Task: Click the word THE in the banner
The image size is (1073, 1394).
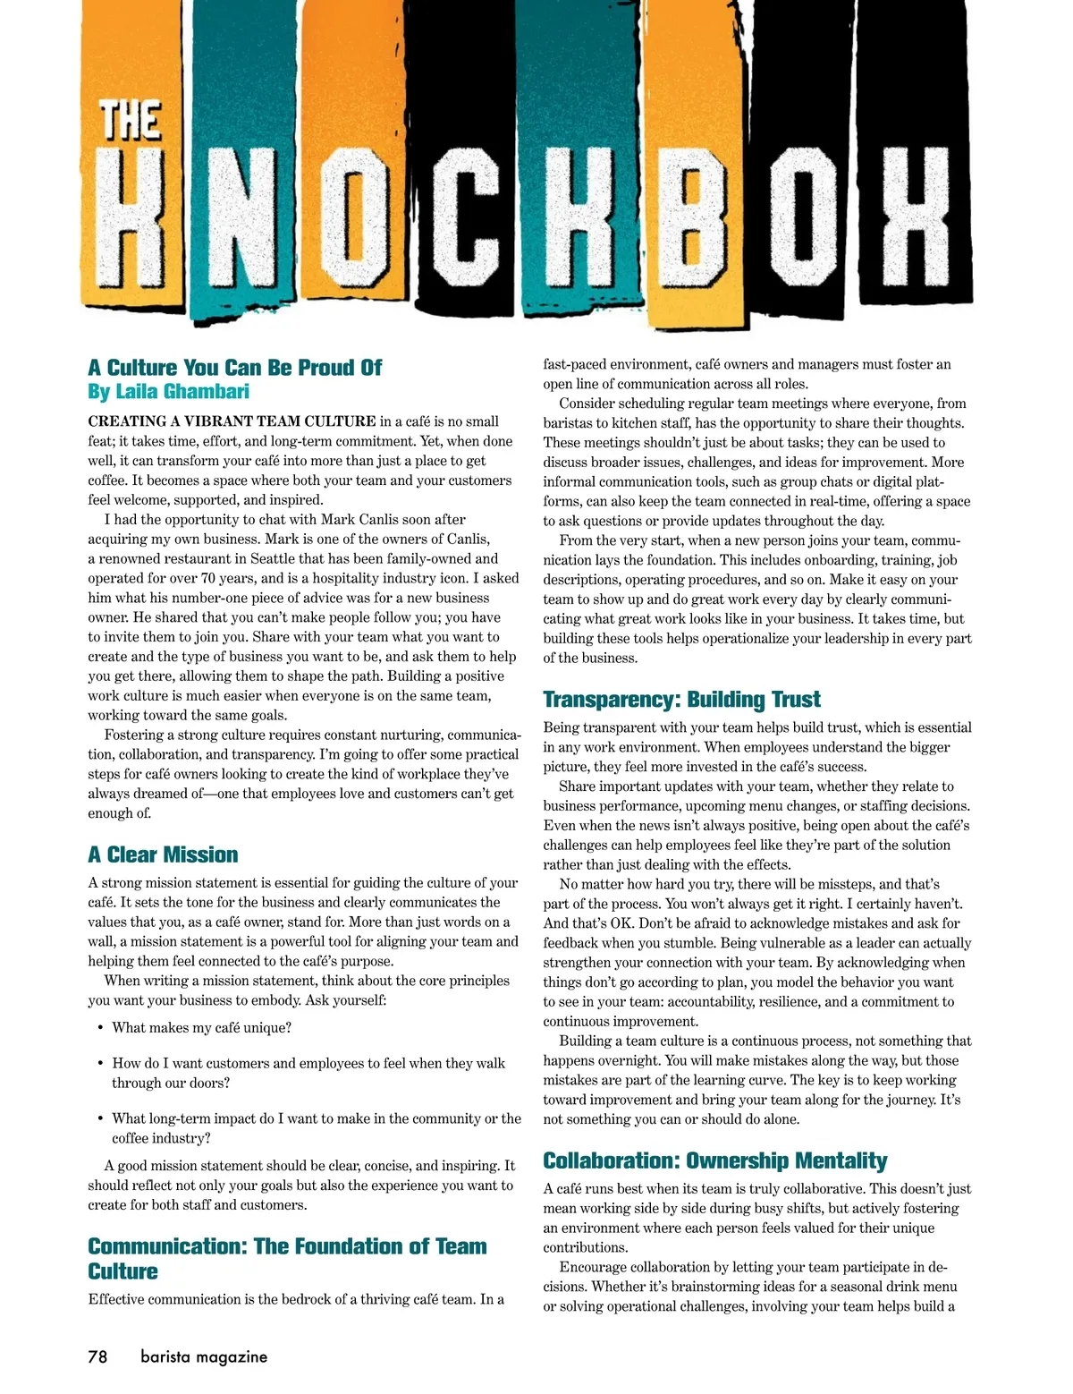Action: pyautogui.click(x=130, y=121)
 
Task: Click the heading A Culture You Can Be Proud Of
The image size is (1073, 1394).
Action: pyautogui.click(x=234, y=368)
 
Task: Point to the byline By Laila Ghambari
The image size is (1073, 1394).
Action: pyautogui.click(x=168, y=392)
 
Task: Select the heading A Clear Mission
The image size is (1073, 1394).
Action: pyautogui.click(x=163, y=854)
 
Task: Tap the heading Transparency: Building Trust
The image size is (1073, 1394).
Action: pyautogui.click(x=681, y=700)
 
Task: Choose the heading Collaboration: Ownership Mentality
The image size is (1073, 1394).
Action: pyautogui.click(x=714, y=1160)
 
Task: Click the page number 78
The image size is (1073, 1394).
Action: pyautogui.click(x=97, y=1356)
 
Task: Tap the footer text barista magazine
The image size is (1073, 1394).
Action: pyautogui.click(x=204, y=1356)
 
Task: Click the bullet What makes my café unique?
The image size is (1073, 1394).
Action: pyautogui.click(x=201, y=1028)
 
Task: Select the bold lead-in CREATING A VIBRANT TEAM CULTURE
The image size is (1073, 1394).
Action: pyautogui.click(x=232, y=421)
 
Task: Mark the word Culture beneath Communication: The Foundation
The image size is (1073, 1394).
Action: pyautogui.click(x=123, y=1271)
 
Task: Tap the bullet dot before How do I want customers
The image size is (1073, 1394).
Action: pyautogui.click(x=101, y=1064)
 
